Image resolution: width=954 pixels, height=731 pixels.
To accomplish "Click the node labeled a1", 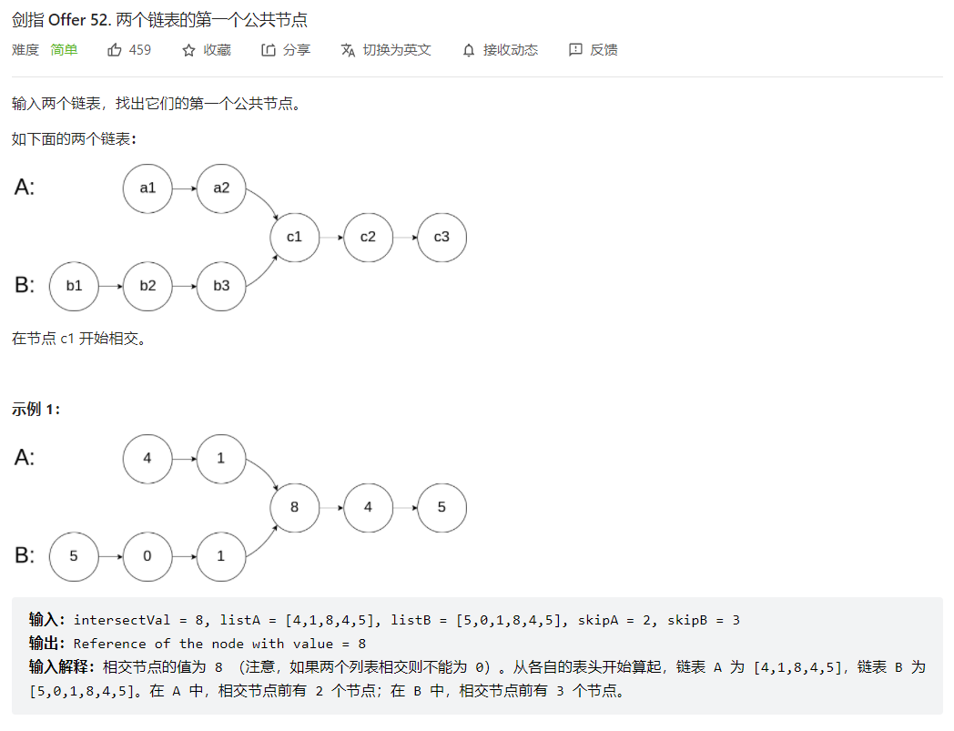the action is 147,188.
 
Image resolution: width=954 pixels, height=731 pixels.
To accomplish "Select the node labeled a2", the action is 221,188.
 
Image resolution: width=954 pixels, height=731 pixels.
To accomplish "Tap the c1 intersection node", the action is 294,237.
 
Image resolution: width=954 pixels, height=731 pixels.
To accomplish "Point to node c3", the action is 441,237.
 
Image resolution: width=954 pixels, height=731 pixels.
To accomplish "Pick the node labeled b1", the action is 74,286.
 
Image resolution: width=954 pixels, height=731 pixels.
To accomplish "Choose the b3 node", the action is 221,286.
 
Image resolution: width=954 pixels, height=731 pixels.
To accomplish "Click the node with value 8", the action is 294,507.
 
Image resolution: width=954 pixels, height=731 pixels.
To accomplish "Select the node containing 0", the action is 147,555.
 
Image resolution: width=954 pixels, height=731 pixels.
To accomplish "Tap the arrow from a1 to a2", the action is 184,188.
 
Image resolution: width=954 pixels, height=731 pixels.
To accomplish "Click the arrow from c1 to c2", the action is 331,237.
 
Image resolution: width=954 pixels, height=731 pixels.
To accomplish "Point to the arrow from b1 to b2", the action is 110,286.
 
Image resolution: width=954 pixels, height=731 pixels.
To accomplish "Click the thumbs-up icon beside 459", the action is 115,50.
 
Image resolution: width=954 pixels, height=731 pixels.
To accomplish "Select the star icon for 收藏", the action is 188,50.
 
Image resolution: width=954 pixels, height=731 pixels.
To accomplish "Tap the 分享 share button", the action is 286,50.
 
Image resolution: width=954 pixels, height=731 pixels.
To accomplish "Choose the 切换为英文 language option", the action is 386,50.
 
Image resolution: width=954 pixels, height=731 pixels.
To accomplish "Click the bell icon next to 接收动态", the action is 469,50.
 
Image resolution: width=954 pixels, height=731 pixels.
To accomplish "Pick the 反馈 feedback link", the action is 594,50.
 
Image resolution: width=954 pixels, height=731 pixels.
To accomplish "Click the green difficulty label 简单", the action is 64,50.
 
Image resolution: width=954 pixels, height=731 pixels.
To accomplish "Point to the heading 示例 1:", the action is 36,410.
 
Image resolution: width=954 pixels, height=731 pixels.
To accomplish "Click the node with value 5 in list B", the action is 74,555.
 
